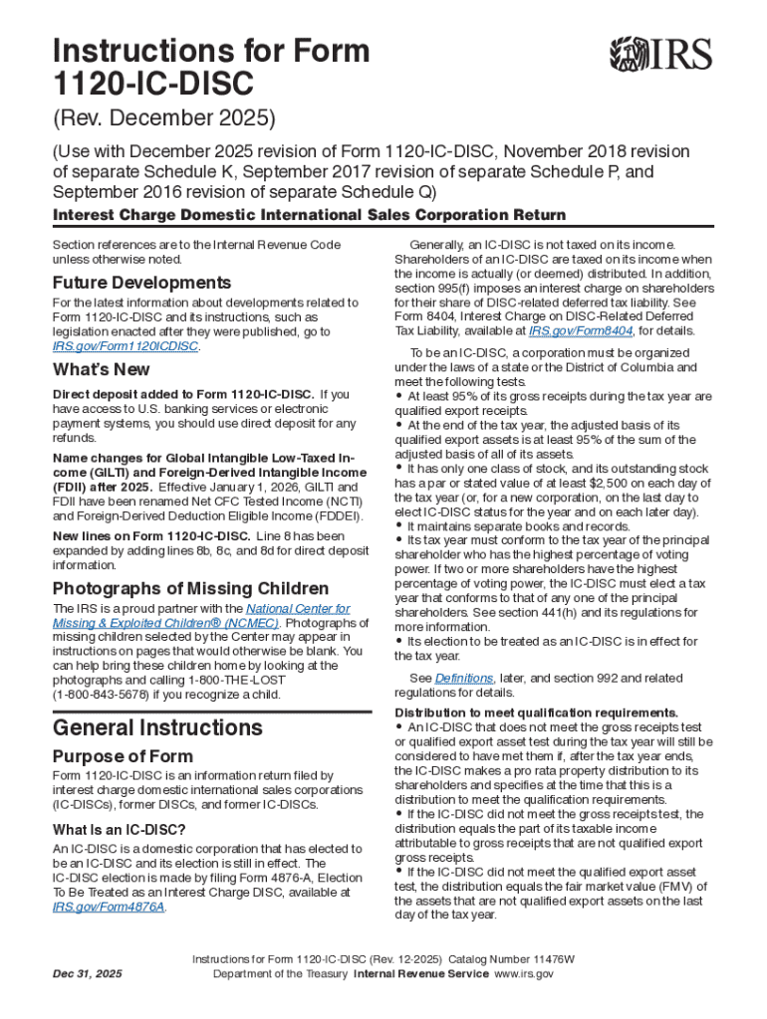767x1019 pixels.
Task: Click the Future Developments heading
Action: [x=141, y=283]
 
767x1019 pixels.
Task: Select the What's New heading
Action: [x=102, y=369]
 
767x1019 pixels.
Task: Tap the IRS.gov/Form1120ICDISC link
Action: [x=126, y=346]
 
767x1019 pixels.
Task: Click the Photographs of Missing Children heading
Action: [x=190, y=587]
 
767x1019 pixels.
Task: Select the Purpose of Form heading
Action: [x=124, y=755]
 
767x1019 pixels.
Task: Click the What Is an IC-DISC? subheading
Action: [x=120, y=829]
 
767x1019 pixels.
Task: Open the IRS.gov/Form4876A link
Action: [x=109, y=908]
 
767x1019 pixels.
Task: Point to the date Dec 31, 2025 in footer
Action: [x=89, y=974]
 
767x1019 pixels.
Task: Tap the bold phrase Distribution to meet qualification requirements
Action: [x=537, y=713]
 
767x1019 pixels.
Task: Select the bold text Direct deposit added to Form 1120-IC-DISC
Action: [x=183, y=394]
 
